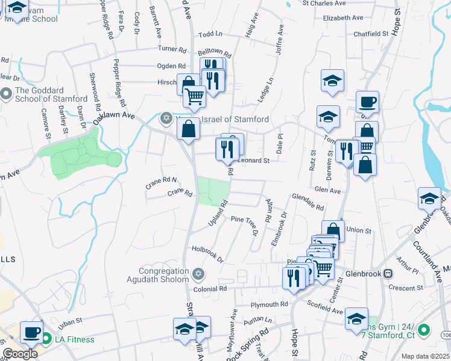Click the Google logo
(20, 354)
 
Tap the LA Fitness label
(74, 339)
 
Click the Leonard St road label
(253, 161)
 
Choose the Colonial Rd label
(210, 289)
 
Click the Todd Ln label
(210, 35)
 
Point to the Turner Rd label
(172, 49)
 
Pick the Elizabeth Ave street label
(343, 18)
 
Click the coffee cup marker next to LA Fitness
(31, 332)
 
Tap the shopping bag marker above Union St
(333, 230)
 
